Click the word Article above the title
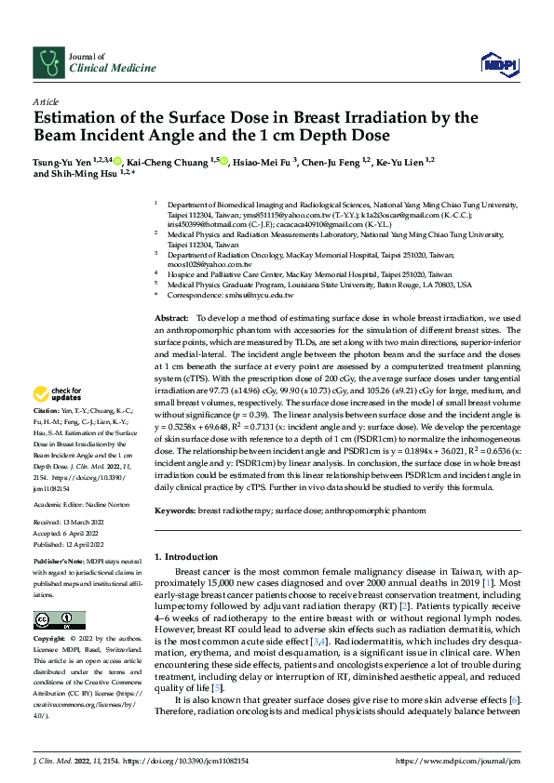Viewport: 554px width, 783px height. point(46,101)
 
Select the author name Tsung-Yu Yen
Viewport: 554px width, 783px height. point(67,161)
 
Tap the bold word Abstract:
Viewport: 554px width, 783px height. point(173,318)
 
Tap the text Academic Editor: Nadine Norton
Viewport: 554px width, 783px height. point(80,503)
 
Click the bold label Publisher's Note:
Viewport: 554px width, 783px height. point(60,564)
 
